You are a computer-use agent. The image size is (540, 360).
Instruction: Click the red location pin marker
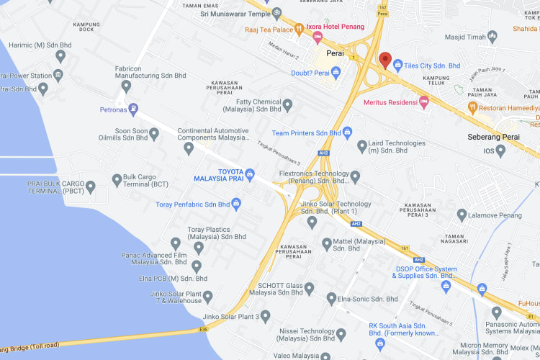385,60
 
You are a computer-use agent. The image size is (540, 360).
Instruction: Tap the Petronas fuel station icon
135,109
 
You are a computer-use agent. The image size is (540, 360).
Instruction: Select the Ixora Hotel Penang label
337,27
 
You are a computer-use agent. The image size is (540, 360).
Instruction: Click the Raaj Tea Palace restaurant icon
298,30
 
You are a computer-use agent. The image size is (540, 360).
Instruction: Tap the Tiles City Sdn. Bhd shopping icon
398,66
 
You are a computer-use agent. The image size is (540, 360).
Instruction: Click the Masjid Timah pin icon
492,36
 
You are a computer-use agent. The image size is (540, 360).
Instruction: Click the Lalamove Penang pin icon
462,215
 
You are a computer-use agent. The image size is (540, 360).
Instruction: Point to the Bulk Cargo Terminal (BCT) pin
117,179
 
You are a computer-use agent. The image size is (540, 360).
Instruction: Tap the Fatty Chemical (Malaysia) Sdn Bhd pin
287,106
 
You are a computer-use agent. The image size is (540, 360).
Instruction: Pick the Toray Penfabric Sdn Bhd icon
235,204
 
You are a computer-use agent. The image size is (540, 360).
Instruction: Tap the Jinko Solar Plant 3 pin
265,315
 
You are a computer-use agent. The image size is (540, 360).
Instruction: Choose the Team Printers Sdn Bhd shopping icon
347,132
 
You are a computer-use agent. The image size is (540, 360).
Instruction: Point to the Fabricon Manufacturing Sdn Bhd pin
127,86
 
